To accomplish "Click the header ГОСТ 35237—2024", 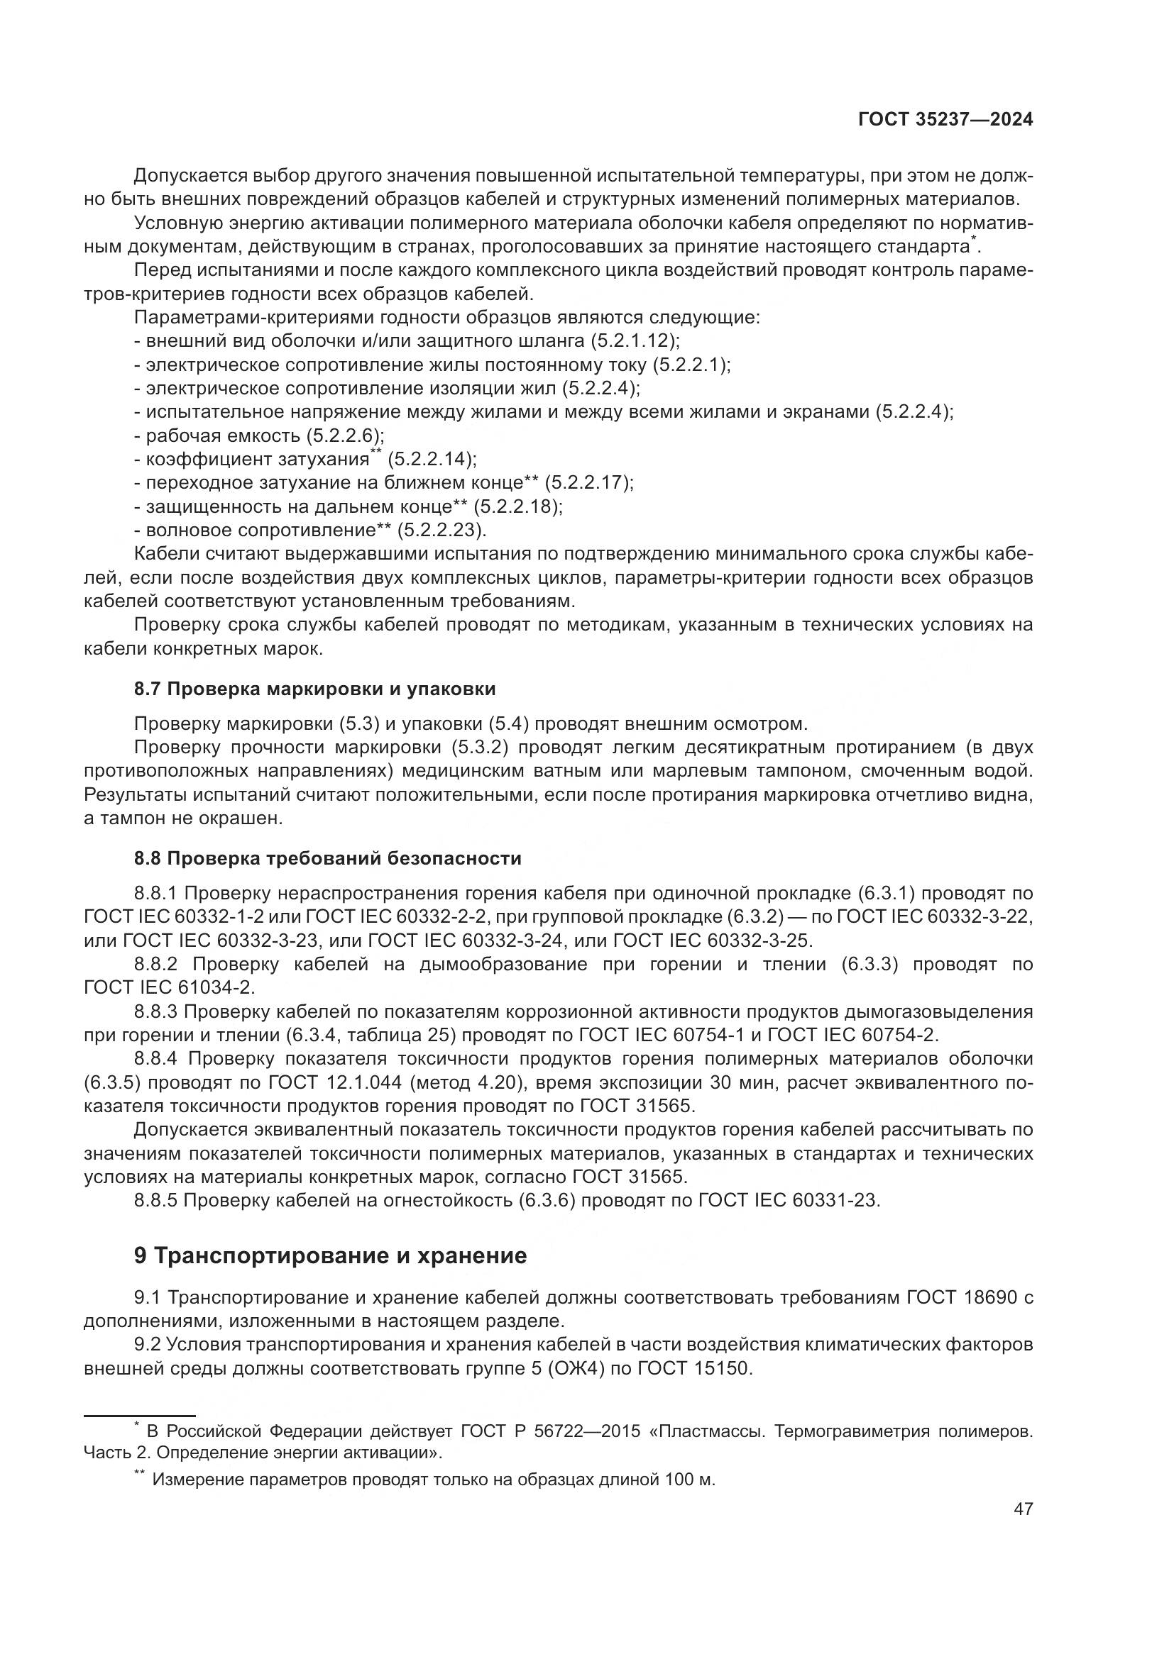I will [945, 120].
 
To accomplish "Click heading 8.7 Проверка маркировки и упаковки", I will [314, 689].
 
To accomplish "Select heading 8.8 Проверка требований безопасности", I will [327, 858].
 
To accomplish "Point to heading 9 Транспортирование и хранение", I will [330, 1256].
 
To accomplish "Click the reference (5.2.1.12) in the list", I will [633, 340].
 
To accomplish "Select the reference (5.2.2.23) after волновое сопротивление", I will [440, 531].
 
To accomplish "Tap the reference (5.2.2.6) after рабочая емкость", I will [344, 435].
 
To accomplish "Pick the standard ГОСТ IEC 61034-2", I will [169, 987].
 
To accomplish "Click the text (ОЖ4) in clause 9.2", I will [569, 1368].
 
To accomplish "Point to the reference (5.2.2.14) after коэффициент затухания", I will [431, 460].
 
